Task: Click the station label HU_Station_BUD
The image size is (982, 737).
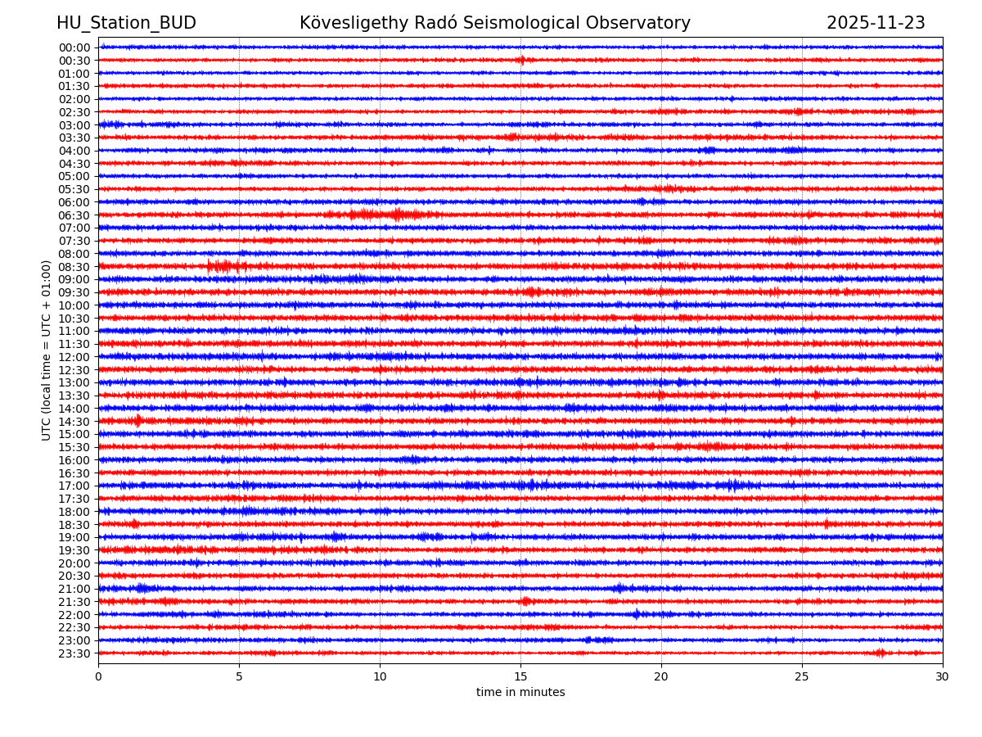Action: click(x=126, y=23)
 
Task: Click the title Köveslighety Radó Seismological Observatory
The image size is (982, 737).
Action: click(x=494, y=23)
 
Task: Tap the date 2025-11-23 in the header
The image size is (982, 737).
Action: click(x=875, y=23)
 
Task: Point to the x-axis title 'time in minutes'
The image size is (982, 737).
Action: click(x=520, y=693)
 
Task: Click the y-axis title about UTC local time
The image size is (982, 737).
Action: click(x=47, y=350)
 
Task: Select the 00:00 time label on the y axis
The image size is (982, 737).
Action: click(x=74, y=47)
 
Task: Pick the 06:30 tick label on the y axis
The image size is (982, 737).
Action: click(x=74, y=215)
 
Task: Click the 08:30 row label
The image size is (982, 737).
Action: click(x=74, y=267)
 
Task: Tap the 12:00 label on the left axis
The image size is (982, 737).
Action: click(x=74, y=357)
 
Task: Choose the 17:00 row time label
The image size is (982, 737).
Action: click(x=74, y=486)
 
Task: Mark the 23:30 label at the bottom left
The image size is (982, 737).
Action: click(x=74, y=653)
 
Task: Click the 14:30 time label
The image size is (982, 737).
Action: click(x=74, y=422)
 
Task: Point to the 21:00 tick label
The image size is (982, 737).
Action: click(x=74, y=589)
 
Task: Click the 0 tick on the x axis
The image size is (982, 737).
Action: click(x=98, y=676)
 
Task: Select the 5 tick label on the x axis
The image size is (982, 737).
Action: click(x=239, y=676)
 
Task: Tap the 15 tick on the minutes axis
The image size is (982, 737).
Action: click(x=520, y=676)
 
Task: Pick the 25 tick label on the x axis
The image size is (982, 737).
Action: click(x=802, y=676)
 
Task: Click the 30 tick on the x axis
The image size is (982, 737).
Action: click(x=943, y=676)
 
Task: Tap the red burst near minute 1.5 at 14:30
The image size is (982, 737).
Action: click(x=138, y=421)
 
